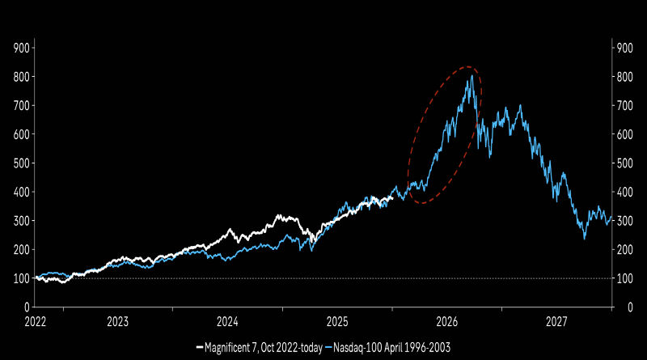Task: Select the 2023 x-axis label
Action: (117, 320)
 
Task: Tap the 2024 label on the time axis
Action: (227, 320)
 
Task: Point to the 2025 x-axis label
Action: (337, 320)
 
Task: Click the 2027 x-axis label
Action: (556, 320)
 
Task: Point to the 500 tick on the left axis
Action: (22, 163)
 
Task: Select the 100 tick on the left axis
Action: (22, 278)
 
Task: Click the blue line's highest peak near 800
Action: (471, 75)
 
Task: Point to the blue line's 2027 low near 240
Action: (585, 238)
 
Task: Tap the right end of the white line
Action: (393, 195)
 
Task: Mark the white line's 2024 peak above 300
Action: (279, 216)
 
